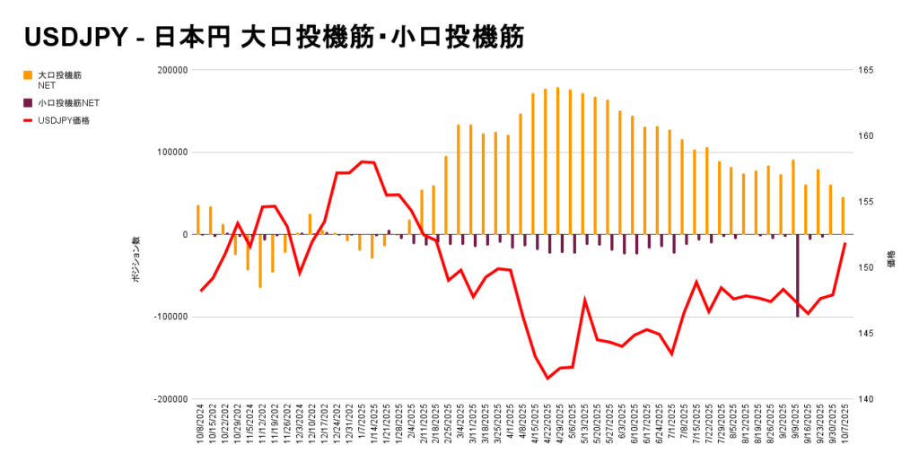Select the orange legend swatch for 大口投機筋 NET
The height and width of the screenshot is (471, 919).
28,75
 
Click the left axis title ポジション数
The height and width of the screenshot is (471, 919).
136,261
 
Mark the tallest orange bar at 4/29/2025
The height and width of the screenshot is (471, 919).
557,161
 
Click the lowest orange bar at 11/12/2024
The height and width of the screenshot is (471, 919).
260,261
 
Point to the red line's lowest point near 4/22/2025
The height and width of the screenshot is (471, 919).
547,379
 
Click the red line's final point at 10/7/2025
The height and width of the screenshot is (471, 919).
845,244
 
